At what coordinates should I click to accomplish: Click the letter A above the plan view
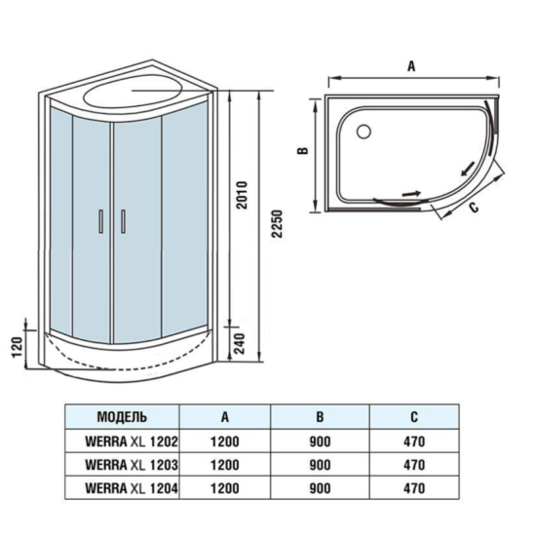click(411, 66)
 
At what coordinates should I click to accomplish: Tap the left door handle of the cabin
click(100, 223)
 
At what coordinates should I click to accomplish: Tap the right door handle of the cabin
click(123, 222)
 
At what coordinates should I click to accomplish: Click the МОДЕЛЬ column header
click(122, 416)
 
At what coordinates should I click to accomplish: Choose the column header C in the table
click(413, 416)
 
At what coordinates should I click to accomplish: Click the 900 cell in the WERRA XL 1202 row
click(319, 440)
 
